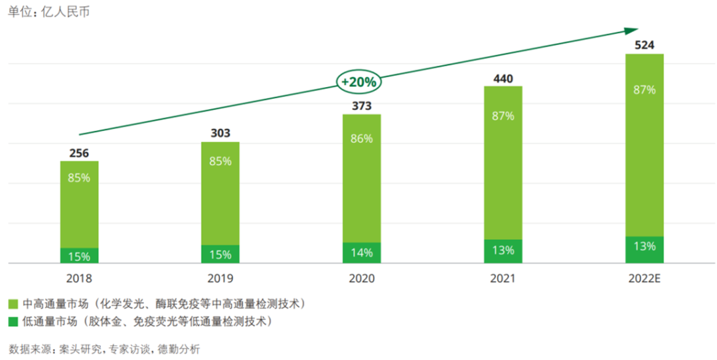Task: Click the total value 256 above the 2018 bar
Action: [79, 153]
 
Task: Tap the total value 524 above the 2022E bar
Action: [644, 46]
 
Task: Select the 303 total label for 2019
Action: [220, 134]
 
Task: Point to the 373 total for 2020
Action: [361, 106]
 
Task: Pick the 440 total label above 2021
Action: [503, 79]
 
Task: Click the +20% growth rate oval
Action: [359, 82]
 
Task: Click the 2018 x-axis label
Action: [79, 278]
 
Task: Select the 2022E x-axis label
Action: [644, 278]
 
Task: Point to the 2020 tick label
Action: [361, 278]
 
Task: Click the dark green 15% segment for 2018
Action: [79, 256]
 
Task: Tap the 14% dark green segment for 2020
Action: [361, 253]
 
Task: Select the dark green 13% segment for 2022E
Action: [644, 250]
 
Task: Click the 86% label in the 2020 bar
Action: [361, 139]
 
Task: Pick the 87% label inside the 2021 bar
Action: [503, 116]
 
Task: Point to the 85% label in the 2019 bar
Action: [220, 161]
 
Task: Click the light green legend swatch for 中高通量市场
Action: [13, 304]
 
